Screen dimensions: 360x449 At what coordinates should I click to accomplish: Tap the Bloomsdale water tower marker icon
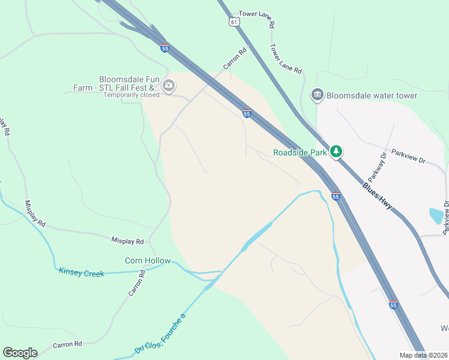pos(317,95)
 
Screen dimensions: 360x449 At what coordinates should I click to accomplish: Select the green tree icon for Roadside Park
pos(337,151)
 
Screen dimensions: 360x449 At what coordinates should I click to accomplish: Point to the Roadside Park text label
pos(300,152)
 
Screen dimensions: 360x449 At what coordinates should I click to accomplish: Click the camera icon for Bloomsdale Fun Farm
pos(169,85)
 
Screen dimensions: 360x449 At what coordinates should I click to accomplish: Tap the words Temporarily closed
pos(131,95)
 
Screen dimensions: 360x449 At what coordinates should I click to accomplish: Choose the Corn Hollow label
pos(148,260)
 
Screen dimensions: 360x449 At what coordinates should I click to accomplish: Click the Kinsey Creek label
pos(82,272)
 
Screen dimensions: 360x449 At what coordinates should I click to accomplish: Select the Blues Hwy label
pos(378,196)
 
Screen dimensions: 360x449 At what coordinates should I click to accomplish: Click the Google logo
pos(20,353)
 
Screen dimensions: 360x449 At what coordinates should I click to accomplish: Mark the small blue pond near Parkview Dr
pos(436,215)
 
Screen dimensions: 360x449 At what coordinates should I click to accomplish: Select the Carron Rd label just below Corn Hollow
pos(137,283)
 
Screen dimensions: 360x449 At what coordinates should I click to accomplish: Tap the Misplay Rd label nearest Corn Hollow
pos(127,241)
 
